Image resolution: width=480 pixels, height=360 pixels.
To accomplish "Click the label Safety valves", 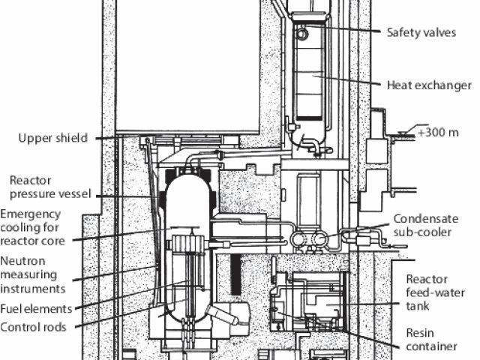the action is (x=421, y=32).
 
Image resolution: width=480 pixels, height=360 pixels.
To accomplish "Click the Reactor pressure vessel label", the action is (x=49, y=187).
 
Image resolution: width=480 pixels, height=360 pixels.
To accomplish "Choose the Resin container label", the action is (x=430, y=339).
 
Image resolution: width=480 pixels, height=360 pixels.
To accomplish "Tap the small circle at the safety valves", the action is (x=301, y=34).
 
